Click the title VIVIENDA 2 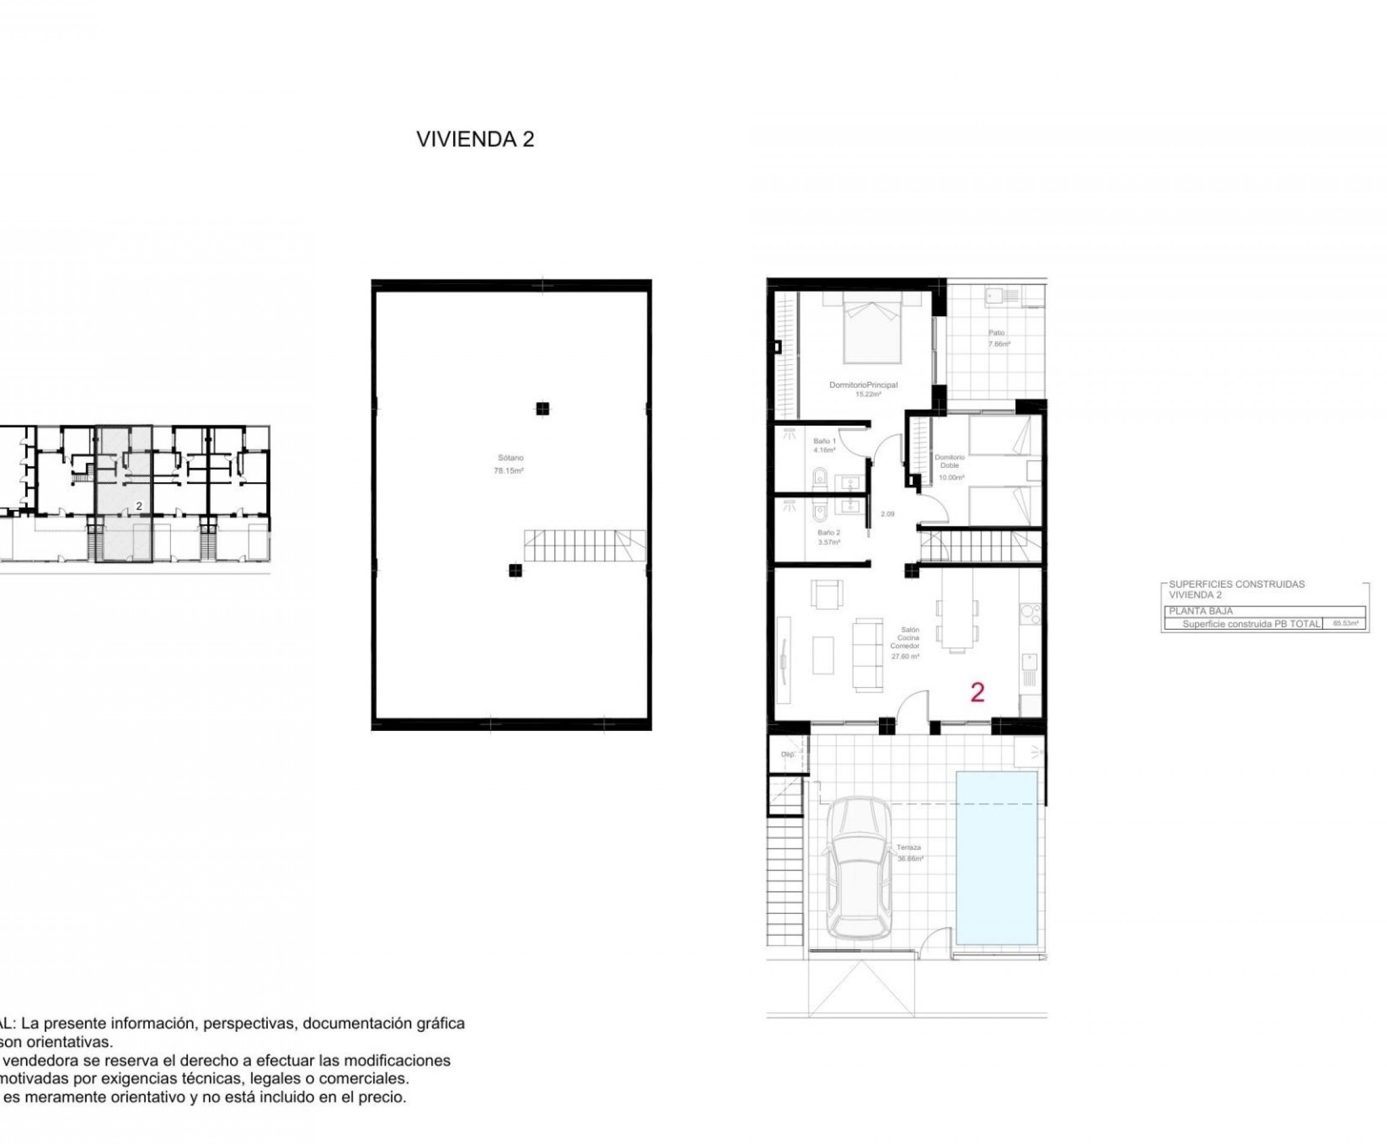click(474, 139)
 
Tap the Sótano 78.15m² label click(509, 465)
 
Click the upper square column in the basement click(542, 409)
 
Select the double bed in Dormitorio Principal click(872, 329)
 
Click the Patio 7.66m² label click(998, 338)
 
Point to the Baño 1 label click(824, 441)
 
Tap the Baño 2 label click(828, 532)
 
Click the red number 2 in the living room click(977, 692)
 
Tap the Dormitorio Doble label click(949, 461)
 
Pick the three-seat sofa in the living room click(867, 654)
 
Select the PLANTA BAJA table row click(1262, 611)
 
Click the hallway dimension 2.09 click(887, 514)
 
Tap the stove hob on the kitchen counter click(1030, 614)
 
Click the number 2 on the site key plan click(138, 506)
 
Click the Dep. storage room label click(788, 754)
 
